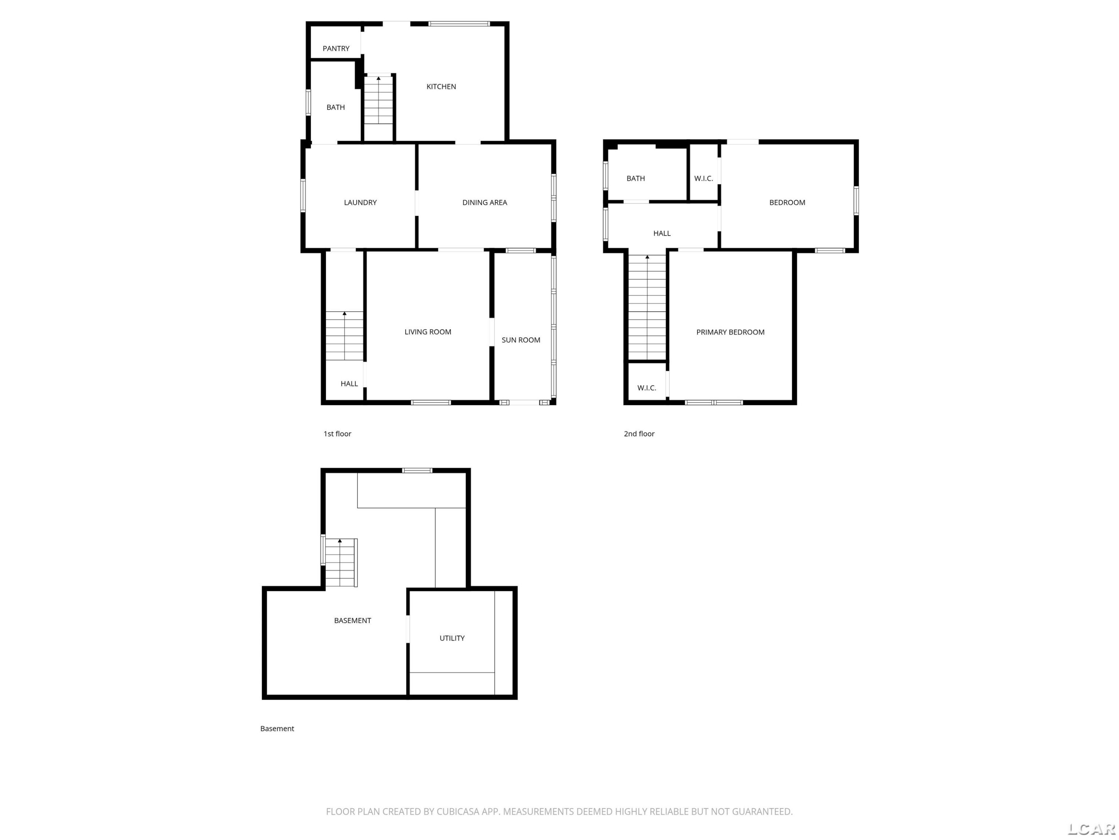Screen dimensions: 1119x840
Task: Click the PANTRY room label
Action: pyautogui.click(x=336, y=49)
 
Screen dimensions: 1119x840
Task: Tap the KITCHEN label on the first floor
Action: pyautogui.click(x=441, y=87)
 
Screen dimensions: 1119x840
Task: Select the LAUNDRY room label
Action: pyautogui.click(x=360, y=202)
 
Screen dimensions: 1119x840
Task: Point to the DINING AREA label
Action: pyautogui.click(x=485, y=202)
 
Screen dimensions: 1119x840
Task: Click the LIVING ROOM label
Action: pyautogui.click(x=428, y=332)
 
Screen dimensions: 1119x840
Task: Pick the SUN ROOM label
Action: pyautogui.click(x=521, y=340)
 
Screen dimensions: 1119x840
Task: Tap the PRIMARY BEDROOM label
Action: pyautogui.click(x=730, y=332)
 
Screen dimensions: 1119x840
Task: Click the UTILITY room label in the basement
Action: pyautogui.click(x=452, y=638)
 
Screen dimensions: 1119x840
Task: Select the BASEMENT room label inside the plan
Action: pyautogui.click(x=352, y=621)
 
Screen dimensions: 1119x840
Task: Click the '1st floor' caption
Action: pyautogui.click(x=338, y=434)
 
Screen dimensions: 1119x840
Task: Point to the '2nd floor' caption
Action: pyautogui.click(x=639, y=434)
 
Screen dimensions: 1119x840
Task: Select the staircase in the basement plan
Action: pyautogui.click(x=341, y=563)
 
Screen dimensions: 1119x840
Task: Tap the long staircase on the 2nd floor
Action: pyautogui.click(x=647, y=307)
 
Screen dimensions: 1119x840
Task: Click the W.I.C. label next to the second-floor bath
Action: pyautogui.click(x=704, y=179)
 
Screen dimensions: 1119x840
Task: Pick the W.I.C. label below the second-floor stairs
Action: pyautogui.click(x=646, y=388)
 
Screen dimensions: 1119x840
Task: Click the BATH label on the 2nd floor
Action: pyautogui.click(x=636, y=179)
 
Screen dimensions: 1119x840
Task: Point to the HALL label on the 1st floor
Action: pyautogui.click(x=349, y=384)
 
